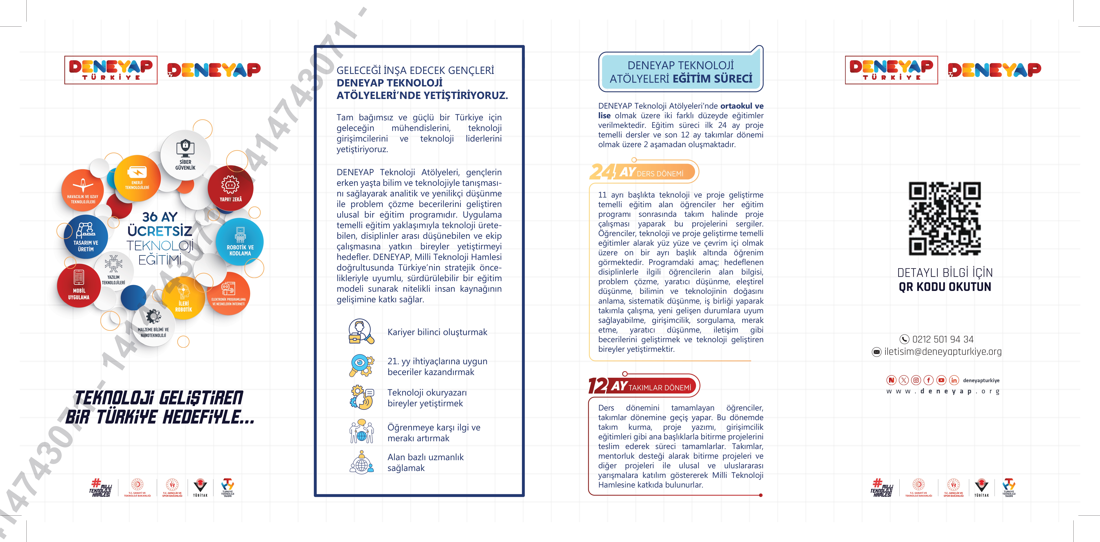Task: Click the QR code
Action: [945, 219]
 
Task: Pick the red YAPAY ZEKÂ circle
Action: [231, 188]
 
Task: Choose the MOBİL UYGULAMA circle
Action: [79, 287]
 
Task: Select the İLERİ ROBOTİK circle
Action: [184, 298]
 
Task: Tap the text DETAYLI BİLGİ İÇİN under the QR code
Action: [945, 273]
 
